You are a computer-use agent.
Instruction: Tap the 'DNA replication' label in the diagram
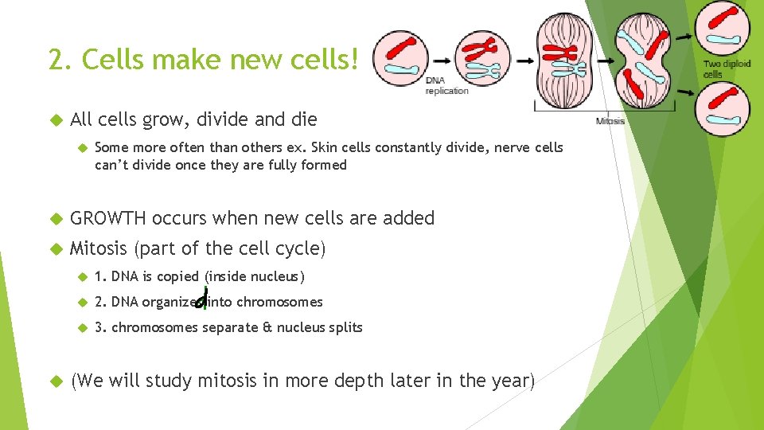[x=446, y=85]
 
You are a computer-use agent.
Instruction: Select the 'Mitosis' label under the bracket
[x=610, y=121]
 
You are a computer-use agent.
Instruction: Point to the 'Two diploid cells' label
[x=726, y=68]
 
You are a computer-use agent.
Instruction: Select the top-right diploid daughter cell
[x=722, y=29]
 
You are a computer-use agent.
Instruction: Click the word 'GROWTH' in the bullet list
[x=108, y=218]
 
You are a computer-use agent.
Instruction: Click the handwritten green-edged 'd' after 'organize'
[x=201, y=300]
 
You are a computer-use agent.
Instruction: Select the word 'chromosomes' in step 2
[x=279, y=302]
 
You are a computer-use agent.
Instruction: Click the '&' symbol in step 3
[x=267, y=327]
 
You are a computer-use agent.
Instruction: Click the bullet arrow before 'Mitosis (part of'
[x=55, y=249]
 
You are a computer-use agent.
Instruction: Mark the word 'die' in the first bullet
[x=302, y=120]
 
